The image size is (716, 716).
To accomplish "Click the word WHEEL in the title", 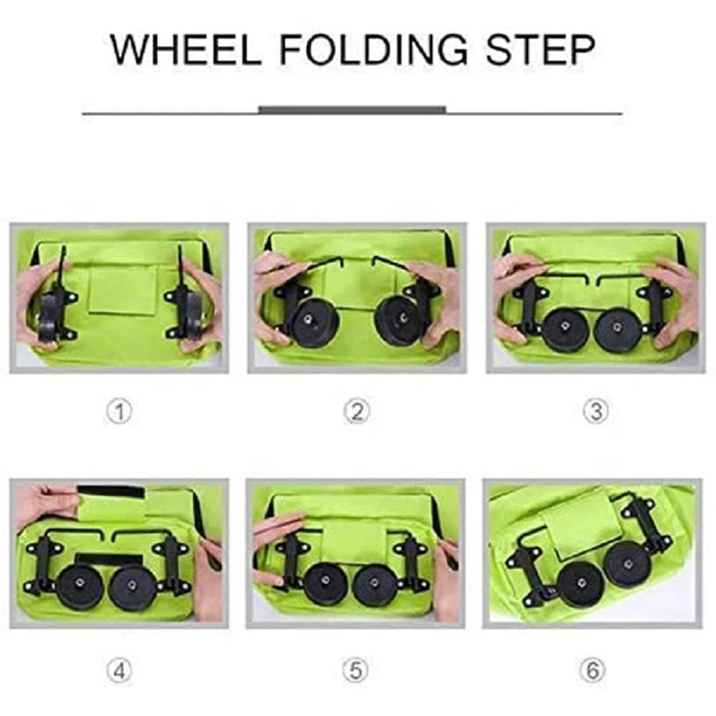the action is (186, 49).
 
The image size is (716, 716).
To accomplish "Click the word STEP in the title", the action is (541, 49).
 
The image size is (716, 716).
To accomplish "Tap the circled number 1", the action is (119, 412).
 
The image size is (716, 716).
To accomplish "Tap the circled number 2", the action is (357, 412).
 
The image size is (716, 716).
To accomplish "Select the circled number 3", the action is (596, 412).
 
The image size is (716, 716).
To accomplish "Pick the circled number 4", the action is (119, 671).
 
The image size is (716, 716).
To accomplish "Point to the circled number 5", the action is (355, 671).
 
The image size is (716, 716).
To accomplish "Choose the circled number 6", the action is (592, 671).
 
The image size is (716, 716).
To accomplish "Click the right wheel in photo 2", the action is (398, 320).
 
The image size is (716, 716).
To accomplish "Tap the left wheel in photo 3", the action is (566, 329).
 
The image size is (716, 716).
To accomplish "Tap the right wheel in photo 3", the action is (618, 329).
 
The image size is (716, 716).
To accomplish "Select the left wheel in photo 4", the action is (80, 587).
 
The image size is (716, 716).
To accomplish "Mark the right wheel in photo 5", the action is (375, 586).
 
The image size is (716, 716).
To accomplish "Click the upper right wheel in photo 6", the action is (629, 565).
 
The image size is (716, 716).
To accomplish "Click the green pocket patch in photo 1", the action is (122, 289).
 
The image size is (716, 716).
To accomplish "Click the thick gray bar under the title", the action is (352, 110).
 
